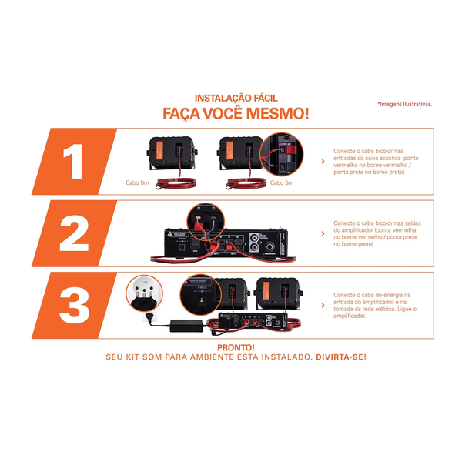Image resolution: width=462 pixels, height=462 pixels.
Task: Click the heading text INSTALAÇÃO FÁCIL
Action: point(236,99)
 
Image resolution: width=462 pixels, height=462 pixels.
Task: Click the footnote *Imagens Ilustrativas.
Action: point(404,104)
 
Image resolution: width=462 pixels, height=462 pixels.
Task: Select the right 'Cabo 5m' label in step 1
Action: point(280,183)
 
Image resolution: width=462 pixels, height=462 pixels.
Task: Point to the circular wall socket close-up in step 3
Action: point(145,291)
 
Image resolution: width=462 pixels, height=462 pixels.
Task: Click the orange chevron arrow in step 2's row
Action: point(321,233)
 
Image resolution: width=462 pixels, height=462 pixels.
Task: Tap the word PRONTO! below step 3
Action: point(236,347)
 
